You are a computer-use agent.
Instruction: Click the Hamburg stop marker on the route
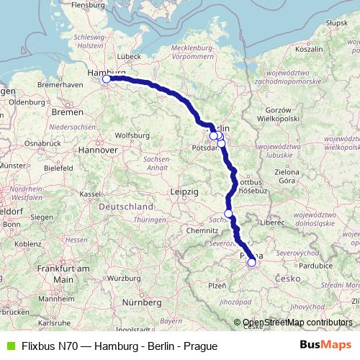coord(107,79)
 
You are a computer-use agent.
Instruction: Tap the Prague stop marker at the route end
coord(251,263)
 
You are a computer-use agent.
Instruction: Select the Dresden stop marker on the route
coord(228,213)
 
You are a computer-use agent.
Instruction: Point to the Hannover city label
coord(99,150)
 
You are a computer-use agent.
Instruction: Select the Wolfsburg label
coord(132,135)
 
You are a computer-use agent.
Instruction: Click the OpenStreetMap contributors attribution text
coord(297,323)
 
